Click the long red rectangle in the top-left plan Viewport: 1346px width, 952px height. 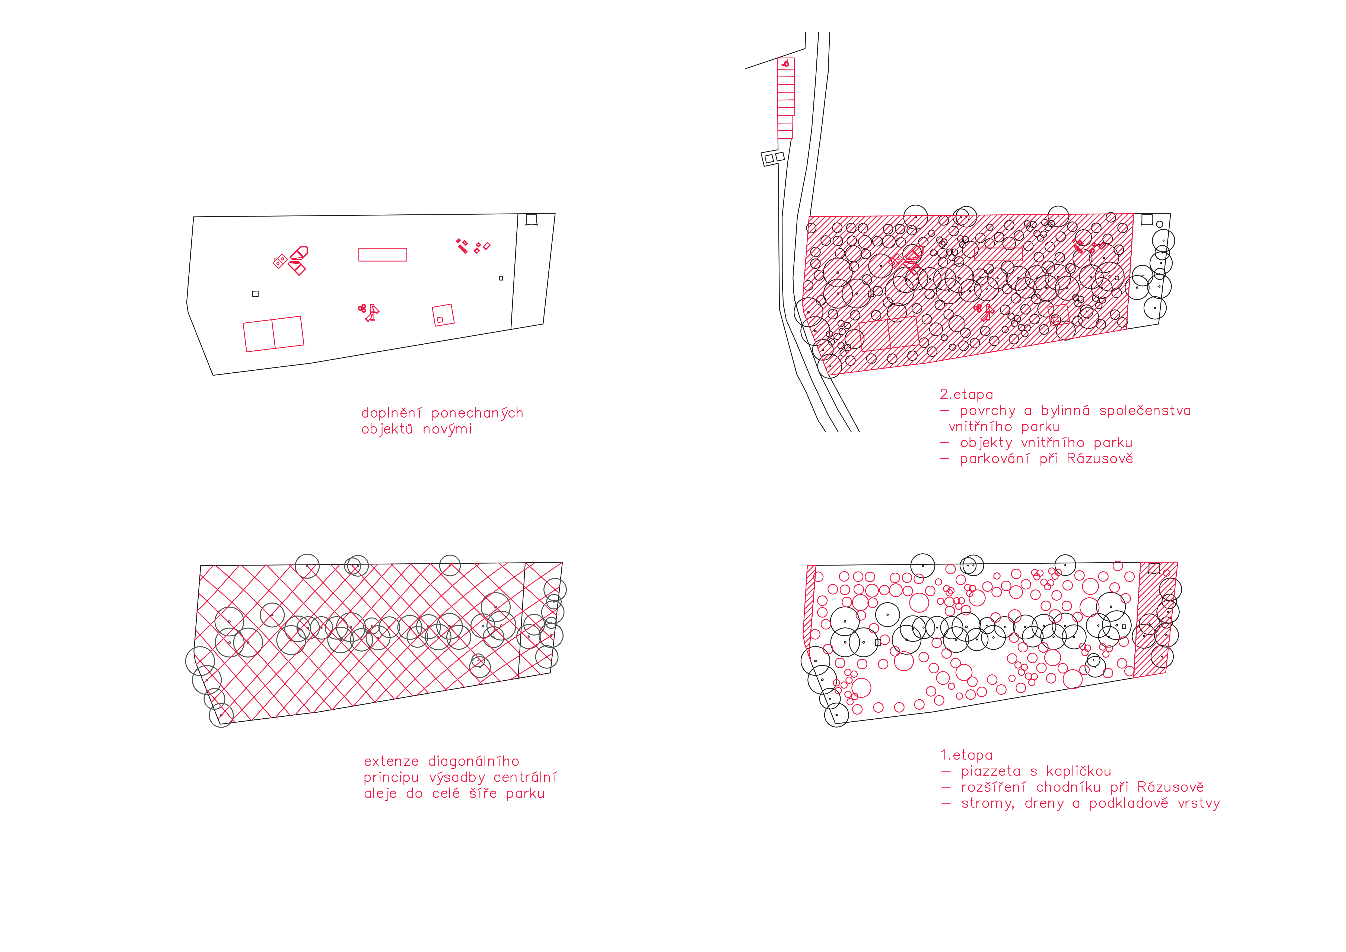[383, 254]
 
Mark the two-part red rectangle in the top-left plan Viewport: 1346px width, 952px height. [274, 334]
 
